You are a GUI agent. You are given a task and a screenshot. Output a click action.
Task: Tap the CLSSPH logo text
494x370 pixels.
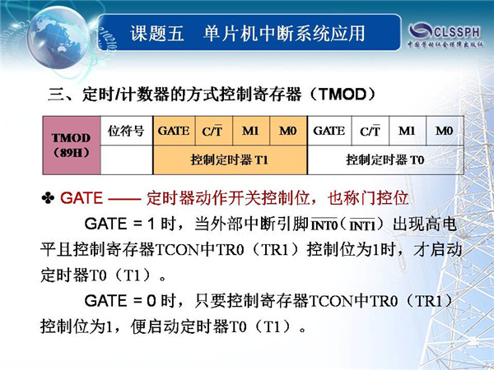point(457,31)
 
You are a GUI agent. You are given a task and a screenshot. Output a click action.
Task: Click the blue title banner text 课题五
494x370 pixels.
point(157,34)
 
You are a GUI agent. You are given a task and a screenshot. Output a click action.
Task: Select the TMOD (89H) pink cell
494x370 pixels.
point(72,146)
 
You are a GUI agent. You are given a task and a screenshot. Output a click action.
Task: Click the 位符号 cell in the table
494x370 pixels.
point(126,131)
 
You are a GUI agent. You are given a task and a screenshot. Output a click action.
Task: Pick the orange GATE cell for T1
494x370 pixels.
point(174,131)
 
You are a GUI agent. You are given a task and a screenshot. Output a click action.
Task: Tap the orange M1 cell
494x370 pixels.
point(251,131)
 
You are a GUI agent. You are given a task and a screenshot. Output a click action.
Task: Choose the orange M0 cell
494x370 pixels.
point(288,131)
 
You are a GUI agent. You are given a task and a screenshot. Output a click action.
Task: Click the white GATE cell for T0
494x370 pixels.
point(329,131)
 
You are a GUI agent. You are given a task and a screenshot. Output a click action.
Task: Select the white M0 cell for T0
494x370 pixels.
point(445,131)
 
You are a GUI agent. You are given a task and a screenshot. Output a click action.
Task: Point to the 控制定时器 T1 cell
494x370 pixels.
point(230,160)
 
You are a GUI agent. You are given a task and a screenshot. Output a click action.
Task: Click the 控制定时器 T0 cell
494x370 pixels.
point(385,160)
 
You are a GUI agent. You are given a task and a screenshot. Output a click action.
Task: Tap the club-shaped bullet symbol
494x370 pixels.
point(48,198)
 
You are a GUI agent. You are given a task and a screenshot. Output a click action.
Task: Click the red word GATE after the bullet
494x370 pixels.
point(82,198)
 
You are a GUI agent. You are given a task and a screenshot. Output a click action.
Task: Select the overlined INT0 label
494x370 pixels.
point(324,224)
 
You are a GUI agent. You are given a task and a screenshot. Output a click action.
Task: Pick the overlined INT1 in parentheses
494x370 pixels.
point(362,225)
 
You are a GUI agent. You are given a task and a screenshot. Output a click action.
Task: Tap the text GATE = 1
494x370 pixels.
point(119,224)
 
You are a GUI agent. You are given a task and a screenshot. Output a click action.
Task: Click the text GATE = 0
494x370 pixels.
point(120,301)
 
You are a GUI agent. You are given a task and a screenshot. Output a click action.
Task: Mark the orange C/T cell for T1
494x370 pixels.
point(214,131)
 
